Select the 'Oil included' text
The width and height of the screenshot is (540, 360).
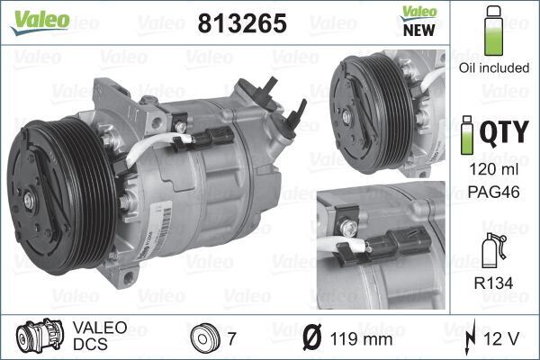coord(493,66)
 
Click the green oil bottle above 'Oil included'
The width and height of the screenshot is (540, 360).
coord(492,30)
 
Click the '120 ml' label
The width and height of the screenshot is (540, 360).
coord(493,170)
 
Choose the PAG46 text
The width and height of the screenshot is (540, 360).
coord(493,190)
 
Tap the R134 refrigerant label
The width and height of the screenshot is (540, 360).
coord(493,282)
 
